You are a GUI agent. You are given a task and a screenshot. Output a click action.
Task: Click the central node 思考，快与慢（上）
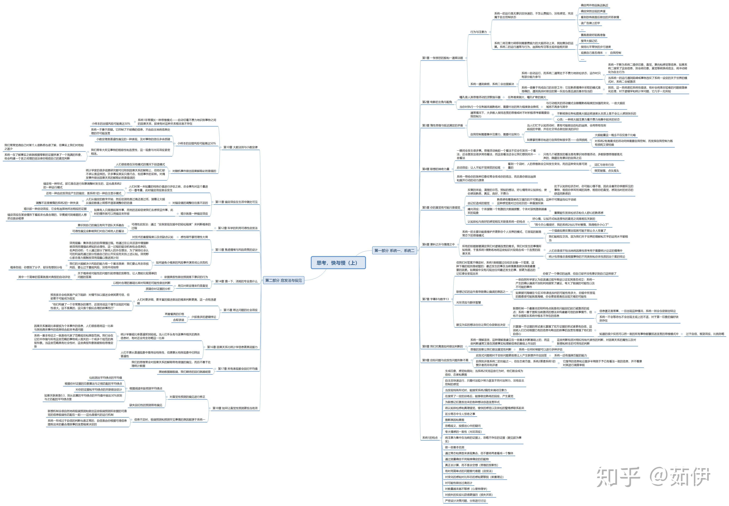coord(338,263)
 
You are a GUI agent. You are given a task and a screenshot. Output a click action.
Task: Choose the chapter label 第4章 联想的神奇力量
coord(436,169)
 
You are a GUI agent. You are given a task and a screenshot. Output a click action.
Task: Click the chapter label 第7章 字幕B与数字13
coord(435,299)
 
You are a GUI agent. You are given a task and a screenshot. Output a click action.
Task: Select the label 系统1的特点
coord(430,438)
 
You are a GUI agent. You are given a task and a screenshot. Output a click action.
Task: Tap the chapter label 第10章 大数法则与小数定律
coord(240,147)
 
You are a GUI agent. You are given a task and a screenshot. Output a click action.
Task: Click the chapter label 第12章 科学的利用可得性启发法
coord(238,228)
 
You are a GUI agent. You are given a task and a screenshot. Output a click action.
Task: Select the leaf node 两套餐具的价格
coord(174,314)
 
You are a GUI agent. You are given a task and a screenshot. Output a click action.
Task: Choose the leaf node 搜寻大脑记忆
coord(589,41)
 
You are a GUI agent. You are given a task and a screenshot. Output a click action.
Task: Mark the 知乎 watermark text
coord(618,476)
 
